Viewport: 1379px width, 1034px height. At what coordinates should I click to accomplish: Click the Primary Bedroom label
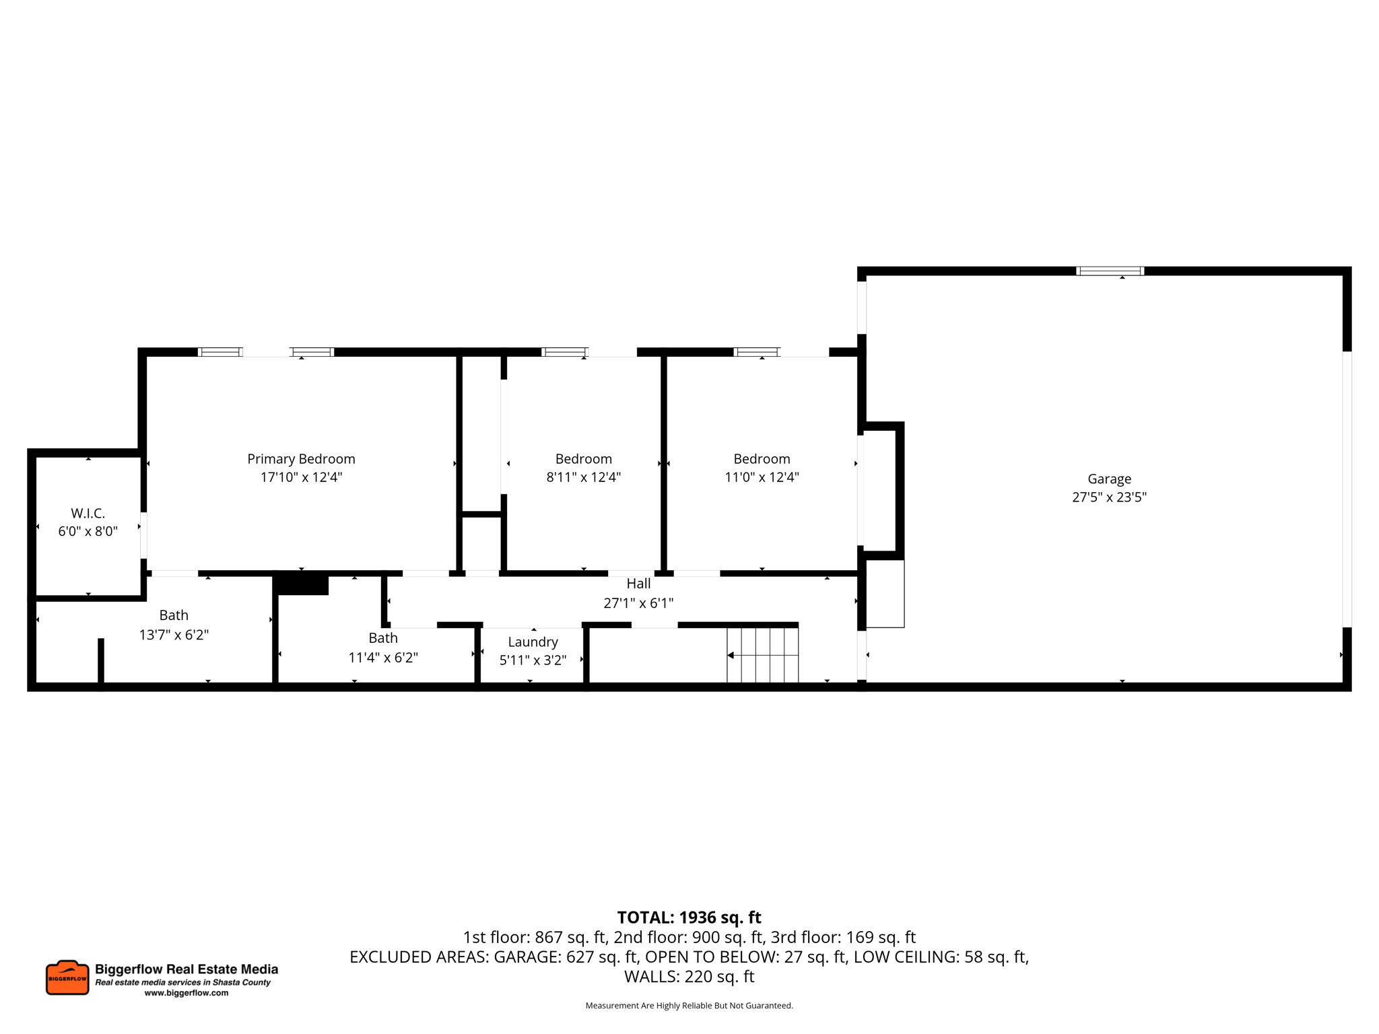(301, 459)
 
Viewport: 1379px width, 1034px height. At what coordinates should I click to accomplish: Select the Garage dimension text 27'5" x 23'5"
(1109, 497)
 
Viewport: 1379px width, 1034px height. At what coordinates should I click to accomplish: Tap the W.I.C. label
(88, 514)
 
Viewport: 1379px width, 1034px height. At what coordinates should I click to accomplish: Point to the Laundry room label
(533, 642)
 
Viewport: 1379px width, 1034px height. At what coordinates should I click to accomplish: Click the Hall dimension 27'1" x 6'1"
(638, 603)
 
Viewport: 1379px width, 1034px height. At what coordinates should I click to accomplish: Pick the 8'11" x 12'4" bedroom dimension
(583, 477)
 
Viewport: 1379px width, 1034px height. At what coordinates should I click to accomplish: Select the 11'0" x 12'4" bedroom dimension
(762, 477)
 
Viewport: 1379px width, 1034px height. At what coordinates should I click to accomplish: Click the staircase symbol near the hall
(762, 655)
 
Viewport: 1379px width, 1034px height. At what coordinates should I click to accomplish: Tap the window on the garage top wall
(1110, 271)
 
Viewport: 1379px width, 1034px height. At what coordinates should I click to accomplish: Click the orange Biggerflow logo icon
(67, 977)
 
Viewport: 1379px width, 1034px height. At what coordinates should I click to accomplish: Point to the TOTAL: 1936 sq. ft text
(689, 918)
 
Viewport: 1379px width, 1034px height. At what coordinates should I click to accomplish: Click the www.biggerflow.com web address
(187, 993)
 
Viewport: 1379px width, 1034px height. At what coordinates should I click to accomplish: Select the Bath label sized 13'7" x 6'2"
(174, 615)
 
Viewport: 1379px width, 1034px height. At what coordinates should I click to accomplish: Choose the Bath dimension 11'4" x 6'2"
(383, 658)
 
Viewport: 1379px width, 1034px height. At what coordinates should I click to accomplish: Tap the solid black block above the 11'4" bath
(302, 584)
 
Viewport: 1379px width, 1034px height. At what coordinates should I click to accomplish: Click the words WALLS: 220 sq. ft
(689, 977)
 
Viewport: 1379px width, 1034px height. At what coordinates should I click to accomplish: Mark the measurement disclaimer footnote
(689, 1006)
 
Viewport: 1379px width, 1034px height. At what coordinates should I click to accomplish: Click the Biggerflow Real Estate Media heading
(187, 969)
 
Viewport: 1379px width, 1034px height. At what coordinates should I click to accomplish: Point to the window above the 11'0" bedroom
(756, 352)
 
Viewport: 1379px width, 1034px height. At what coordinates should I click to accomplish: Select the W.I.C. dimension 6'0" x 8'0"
(88, 532)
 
